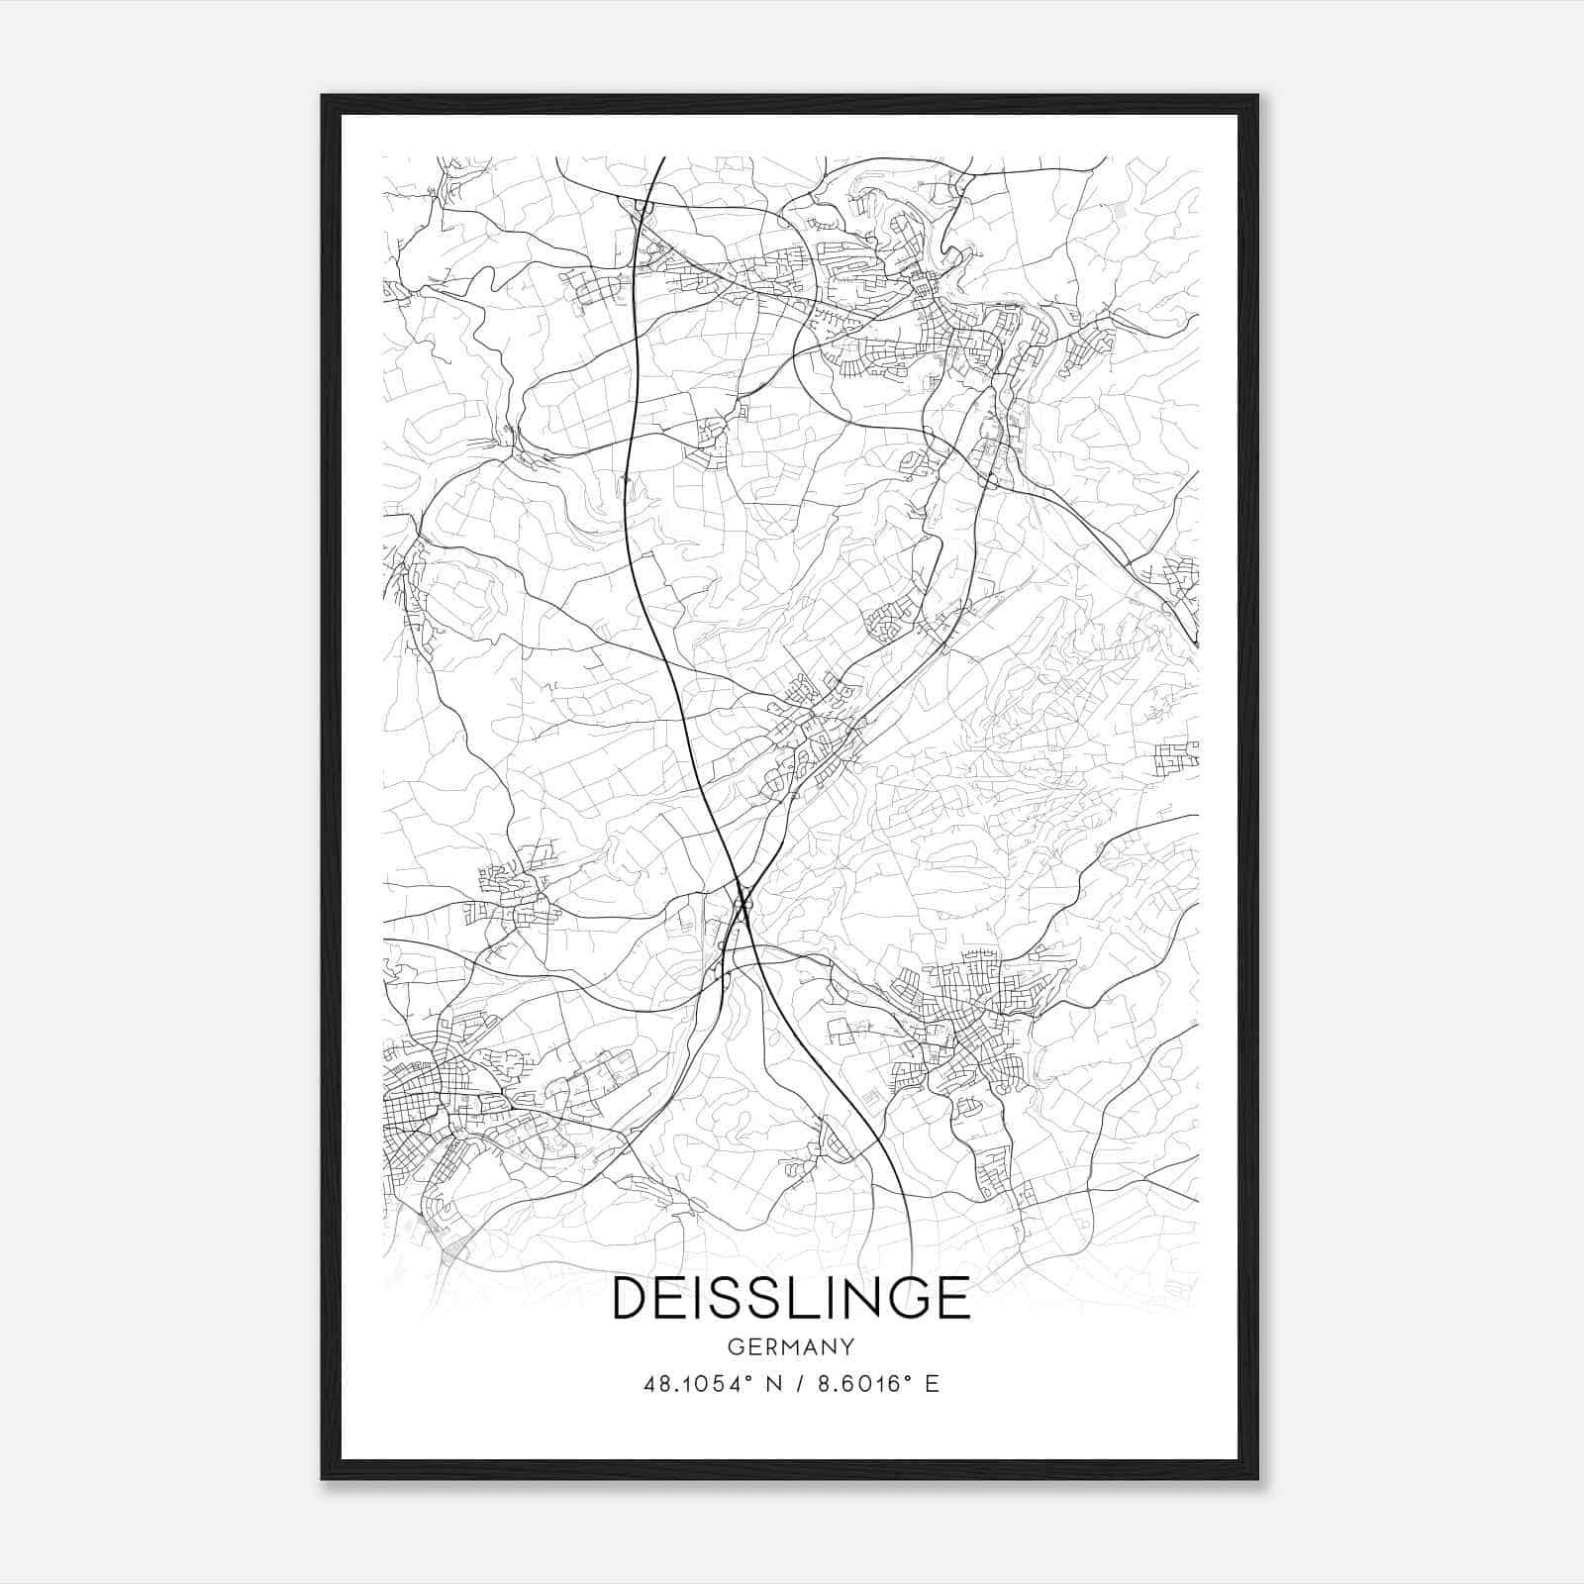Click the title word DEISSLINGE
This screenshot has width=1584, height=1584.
pyautogui.click(x=791, y=1298)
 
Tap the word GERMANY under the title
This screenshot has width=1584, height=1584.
pyautogui.click(x=791, y=1347)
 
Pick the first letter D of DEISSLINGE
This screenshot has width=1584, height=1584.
pyautogui.click(x=632, y=1298)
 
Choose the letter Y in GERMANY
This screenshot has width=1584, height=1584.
pyautogui.click(x=846, y=1347)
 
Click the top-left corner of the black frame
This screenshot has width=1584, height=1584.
pyautogui.click(x=323, y=96)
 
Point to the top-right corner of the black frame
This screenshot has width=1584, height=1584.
pyautogui.click(x=1257, y=96)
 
